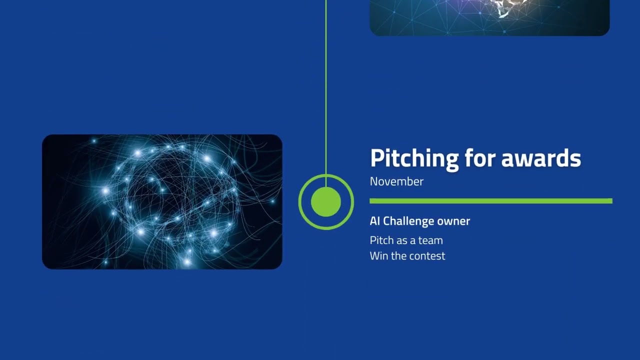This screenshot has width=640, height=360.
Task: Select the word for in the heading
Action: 479,158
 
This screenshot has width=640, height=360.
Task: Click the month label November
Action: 396,181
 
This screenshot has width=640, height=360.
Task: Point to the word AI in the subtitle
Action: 375,221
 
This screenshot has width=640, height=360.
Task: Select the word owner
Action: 453,221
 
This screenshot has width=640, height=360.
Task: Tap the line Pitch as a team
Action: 406,240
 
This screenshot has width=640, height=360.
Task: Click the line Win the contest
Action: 407,256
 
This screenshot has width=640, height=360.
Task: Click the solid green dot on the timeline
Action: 326,202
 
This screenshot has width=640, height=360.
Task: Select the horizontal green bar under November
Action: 490,201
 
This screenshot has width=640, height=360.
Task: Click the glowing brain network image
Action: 162,201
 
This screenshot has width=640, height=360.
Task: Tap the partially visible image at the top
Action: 489,17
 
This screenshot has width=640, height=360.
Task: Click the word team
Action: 430,240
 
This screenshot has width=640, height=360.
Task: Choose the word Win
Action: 378,256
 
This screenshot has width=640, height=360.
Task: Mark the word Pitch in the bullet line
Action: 381,240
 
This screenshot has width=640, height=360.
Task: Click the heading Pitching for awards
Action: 475,158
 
